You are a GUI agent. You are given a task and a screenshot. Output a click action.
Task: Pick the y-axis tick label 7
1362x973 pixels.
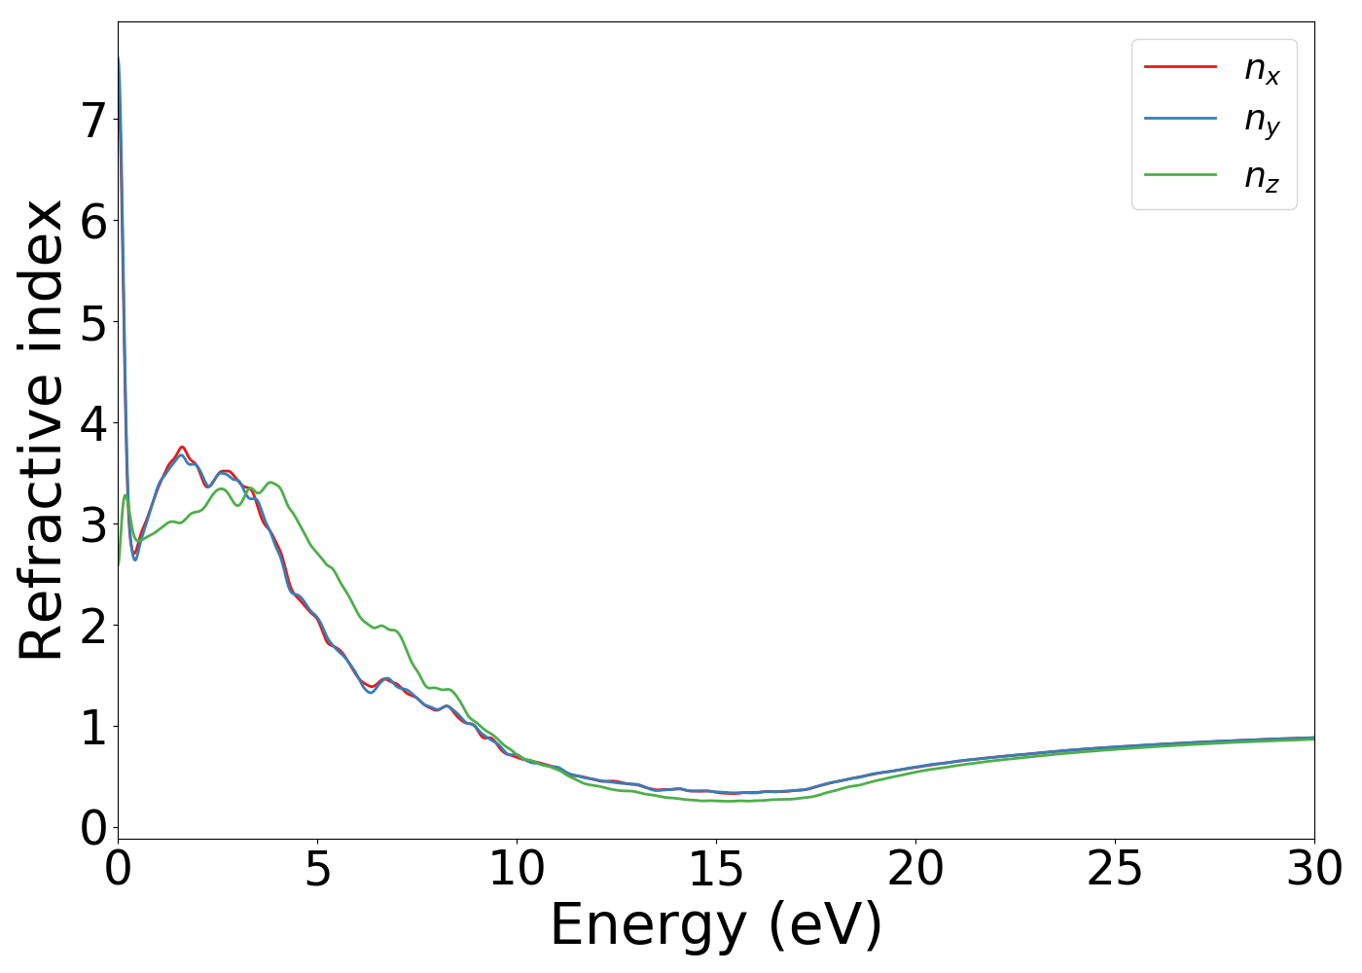(93, 122)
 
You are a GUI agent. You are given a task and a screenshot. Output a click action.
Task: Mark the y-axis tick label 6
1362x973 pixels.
(93, 223)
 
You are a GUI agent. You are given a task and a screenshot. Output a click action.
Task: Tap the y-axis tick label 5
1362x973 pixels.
(93, 324)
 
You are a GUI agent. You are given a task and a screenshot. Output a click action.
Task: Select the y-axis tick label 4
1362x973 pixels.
(93, 425)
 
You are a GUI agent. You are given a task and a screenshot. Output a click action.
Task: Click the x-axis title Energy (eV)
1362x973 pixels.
(716, 925)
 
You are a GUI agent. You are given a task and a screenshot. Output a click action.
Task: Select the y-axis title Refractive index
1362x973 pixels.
(41, 430)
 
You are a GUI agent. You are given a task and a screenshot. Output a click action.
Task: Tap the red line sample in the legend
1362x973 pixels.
(1180, 67)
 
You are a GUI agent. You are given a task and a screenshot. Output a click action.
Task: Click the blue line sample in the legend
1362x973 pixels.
(1180, 121)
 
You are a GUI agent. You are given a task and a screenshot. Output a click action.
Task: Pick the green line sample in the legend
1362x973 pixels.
(1180, 175)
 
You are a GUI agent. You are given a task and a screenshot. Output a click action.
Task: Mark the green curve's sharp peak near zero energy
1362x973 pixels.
(125, 495)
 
